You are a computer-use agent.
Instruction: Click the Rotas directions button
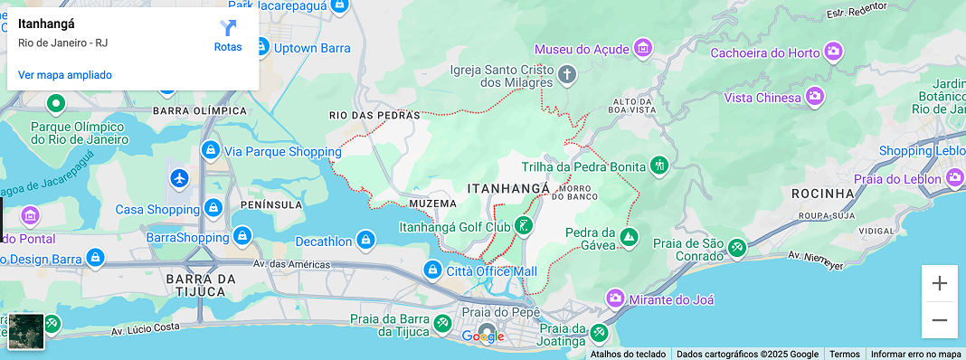228,35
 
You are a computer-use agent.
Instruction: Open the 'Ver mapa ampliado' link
65,75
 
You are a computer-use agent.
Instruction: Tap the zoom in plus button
939,283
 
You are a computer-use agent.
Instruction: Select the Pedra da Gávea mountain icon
629,238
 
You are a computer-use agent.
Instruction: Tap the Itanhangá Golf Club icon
524,226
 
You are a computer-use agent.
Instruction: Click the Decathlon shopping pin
365,242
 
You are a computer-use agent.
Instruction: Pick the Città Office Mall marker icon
433,271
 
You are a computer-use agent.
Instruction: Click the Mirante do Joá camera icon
615,298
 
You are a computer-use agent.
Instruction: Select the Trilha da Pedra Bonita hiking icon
659,166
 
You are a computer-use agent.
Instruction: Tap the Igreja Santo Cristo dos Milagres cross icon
566,74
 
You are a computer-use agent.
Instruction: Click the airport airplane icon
179,178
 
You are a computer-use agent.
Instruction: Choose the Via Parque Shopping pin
210,150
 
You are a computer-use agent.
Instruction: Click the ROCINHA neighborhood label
822,194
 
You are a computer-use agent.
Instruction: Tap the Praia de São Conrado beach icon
737,246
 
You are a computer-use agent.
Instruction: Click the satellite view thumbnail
26,332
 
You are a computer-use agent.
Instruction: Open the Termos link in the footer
845,354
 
